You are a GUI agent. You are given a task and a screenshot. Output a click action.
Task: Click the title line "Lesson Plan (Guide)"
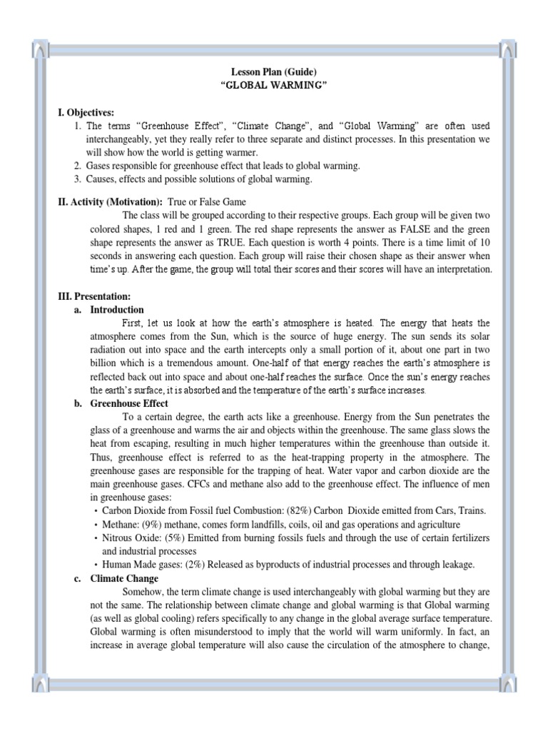point(273,72)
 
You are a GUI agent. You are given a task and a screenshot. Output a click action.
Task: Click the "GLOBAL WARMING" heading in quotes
point(273,85)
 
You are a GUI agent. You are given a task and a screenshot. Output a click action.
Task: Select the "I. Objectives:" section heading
point(86,113)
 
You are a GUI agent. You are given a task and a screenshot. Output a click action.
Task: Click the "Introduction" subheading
point(117,310)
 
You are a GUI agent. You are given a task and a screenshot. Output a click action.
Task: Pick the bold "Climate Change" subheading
point(124,578)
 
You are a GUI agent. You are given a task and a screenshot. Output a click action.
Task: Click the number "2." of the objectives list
point(78,166)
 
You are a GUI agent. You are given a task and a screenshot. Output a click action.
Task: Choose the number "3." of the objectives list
point(78,179)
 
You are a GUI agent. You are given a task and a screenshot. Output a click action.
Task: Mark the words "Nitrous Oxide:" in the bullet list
point(132,538)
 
